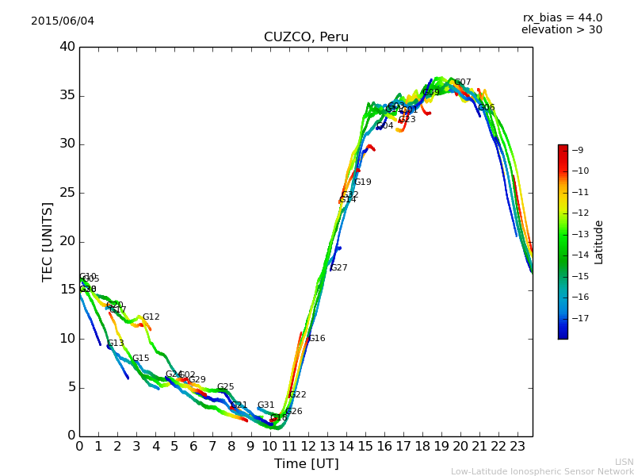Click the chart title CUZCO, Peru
coord(306,37)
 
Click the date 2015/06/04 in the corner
coord(63,21)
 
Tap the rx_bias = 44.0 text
coord(562,17)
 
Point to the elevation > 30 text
coord(561,30)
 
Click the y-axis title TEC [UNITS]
coord(48,242)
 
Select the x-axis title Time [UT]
coord(306,464)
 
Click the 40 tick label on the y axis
coord(67,47)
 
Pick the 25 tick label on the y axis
coord(67,193)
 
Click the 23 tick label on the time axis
coord(518,446)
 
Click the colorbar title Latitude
coord(599,242)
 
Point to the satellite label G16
coord(317,339)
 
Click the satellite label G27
coord(339,268)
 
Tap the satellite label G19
coord(363,182)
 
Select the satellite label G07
coord(463,83)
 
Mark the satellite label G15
coord(141,359)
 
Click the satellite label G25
coord(226,387)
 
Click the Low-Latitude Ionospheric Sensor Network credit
coord(542,471)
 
